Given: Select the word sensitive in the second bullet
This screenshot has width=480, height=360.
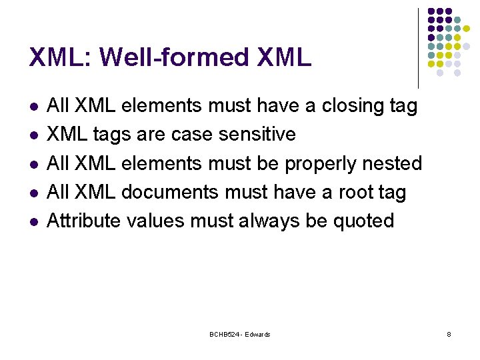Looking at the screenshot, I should [257, 135].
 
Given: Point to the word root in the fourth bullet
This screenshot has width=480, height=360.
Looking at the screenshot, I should [358, 192].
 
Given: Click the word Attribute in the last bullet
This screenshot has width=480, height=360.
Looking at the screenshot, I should [82, 221].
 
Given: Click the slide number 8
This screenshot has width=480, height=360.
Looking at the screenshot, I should [449, 334].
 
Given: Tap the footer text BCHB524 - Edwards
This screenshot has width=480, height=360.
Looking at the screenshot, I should [239, 334].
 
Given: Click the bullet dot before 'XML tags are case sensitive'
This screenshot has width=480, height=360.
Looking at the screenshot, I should [34, 135].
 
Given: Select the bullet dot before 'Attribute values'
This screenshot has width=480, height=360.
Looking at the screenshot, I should [34, 221].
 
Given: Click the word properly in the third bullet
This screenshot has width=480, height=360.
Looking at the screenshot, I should [323, 164].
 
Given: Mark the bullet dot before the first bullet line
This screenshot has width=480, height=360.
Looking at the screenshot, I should [34, 107].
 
